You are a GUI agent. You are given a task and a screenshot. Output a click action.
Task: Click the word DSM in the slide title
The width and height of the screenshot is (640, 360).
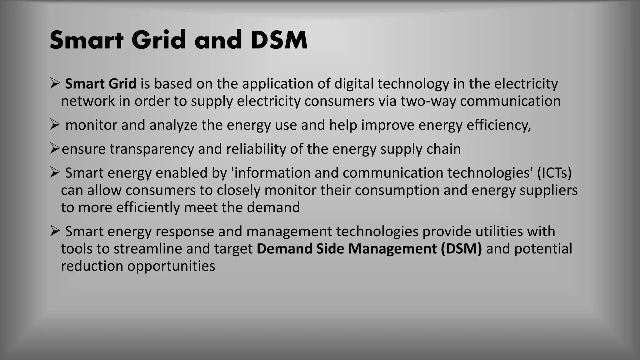tap(279, 40)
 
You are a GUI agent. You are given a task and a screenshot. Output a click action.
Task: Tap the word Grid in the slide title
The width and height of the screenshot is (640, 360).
tap(159, 40)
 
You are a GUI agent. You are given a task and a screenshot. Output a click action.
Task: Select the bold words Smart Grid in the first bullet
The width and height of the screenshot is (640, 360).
tap(100, 84)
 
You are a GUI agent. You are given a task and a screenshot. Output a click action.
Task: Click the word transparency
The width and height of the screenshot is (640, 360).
tap(152, 149)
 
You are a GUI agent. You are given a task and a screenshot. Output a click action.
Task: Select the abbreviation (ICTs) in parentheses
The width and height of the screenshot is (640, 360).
tap(554, 173)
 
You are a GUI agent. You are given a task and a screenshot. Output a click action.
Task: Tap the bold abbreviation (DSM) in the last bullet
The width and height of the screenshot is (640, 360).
tap(461, 249)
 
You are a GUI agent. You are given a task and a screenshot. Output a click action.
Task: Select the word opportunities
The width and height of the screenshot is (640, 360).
tap(171, 266)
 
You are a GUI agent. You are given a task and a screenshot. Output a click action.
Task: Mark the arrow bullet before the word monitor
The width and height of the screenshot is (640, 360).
tap(55, 125)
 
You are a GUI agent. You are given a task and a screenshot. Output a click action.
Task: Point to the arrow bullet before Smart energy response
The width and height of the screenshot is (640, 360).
tap(55, 231)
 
